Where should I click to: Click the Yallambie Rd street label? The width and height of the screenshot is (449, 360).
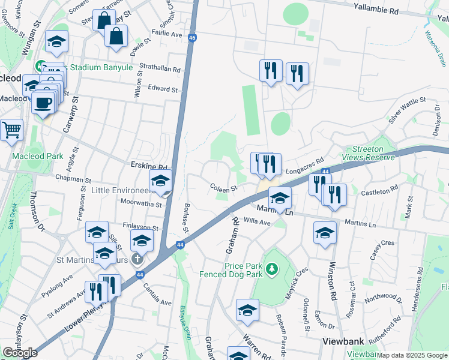(x=376, y=11)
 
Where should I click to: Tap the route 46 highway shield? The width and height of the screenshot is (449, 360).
(x=192, y=37)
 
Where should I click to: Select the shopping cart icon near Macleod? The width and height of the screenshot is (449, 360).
(x=11, y=130)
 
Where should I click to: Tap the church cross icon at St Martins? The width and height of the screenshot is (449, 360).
(x=137, y=259)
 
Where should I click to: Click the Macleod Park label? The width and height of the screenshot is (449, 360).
(x=38, y=156)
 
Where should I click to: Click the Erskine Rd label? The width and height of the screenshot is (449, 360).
(x=149, y=166)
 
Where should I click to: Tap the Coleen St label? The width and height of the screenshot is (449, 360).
(x=221, y=188)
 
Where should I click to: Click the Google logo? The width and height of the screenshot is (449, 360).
(x=20, y=353)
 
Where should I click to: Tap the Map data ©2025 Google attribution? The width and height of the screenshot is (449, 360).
(x=412, y=355)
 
